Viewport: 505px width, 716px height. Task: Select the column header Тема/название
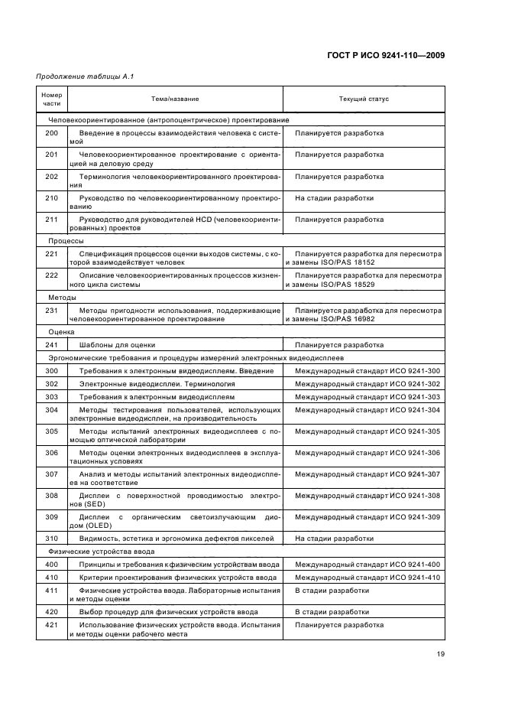(x=175, y=99)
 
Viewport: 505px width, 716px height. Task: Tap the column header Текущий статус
(x=364, y=99)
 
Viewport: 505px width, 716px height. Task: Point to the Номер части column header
(x=51, y=99)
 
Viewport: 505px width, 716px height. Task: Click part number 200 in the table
(x=51, y=133)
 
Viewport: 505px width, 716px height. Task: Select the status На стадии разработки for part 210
(x=335, y=197)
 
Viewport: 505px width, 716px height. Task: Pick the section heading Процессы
(x=66, y=239)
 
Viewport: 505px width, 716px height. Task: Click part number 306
(x=51, y=453)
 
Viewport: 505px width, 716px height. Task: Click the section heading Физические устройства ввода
(x=102, y=551)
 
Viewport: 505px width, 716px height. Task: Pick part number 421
(x=51, y=625)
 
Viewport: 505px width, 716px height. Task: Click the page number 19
(x=441, y=653)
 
